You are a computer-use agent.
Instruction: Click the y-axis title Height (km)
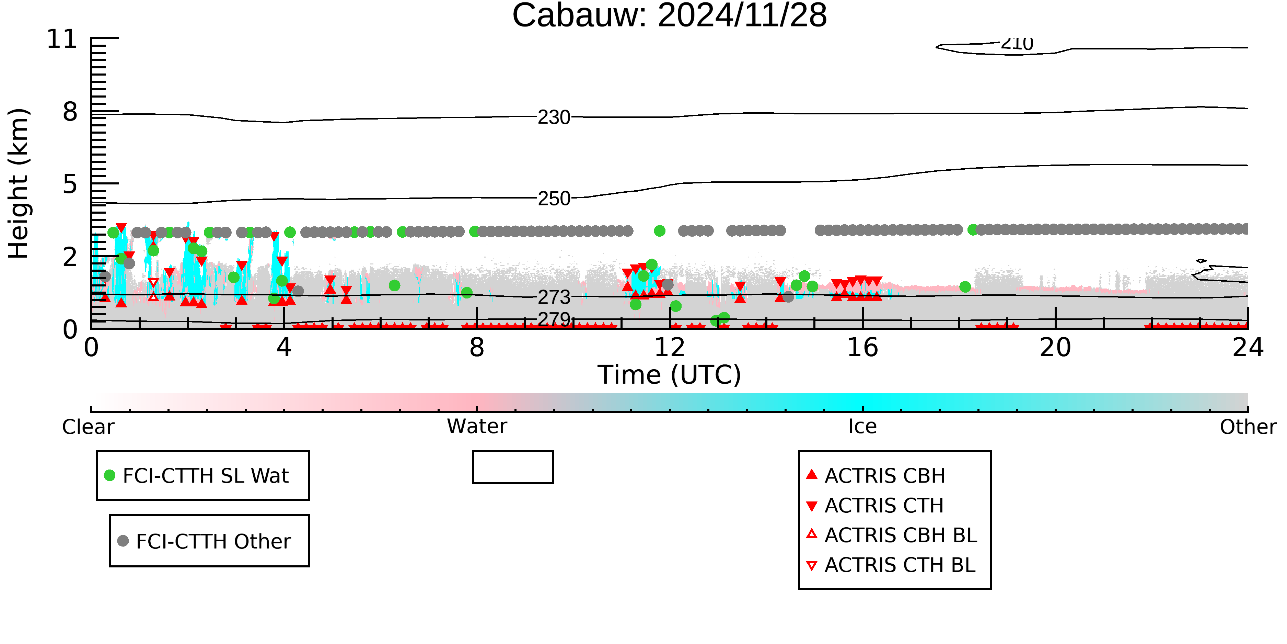[x=19, y=183]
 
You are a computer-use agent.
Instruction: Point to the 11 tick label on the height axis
[x=62, y=39]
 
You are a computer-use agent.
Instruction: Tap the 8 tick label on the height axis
[x=70, y=112]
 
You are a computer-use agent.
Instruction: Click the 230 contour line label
[x=554, y=117]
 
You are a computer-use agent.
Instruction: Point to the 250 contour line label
[x=554, y=199]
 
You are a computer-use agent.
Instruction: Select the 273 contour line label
[x=554, y=297]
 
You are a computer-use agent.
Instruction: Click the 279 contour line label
[x=554, y=318]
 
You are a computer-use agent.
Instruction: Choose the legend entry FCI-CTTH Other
[x=204, y=541]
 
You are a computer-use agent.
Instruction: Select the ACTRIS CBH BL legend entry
[x=892, y=535]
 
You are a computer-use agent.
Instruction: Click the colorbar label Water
[x=477, y=427]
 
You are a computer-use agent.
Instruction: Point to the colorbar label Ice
[x=862, y=427]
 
